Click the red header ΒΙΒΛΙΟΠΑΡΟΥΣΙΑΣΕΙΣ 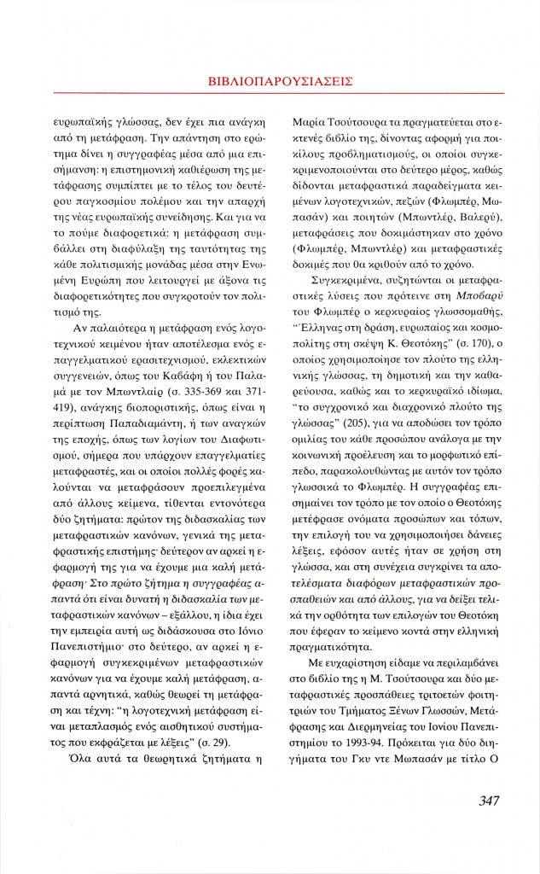[x=281, y=81]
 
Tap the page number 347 [x=485, y=800]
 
